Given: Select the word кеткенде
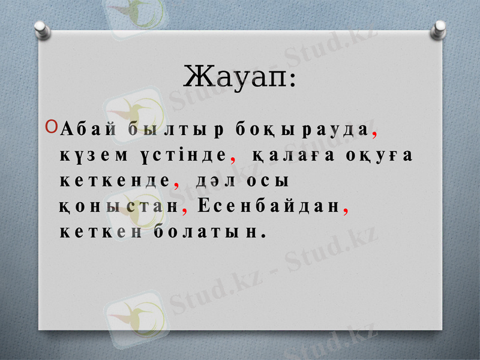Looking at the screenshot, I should (x=115, y=181).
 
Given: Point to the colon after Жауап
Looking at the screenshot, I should (x=292, y=81).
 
